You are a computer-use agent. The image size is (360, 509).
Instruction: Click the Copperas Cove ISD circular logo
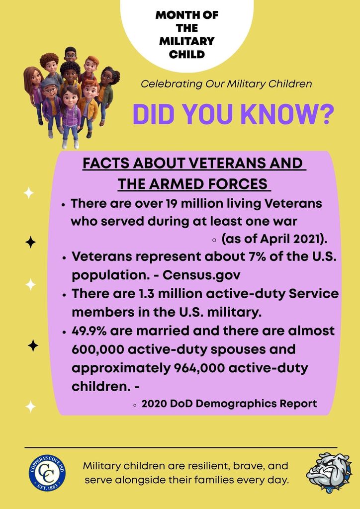pyautogui.click(x=47, y=472)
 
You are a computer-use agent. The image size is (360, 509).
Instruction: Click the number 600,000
pyautogui.click(x=97, y=349)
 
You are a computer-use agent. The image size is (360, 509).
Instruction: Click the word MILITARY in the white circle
pyautogui.click(x=187, y=41)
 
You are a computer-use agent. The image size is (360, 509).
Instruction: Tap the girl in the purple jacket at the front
pyautogui.click(x=70, y=116)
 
